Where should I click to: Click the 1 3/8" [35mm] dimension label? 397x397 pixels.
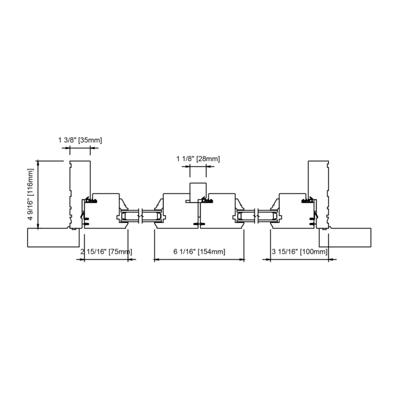click(80, 140)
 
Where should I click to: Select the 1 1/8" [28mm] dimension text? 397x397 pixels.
click(198, 159)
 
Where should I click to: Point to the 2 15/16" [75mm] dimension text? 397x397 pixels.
click(105, 252)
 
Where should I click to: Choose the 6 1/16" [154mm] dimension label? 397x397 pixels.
click(199, 252)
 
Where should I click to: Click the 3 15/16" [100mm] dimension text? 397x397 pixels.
click(299, 252)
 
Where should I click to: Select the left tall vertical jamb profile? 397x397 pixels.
click(79, 193)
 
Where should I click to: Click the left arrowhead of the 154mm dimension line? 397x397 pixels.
click(156, 259)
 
